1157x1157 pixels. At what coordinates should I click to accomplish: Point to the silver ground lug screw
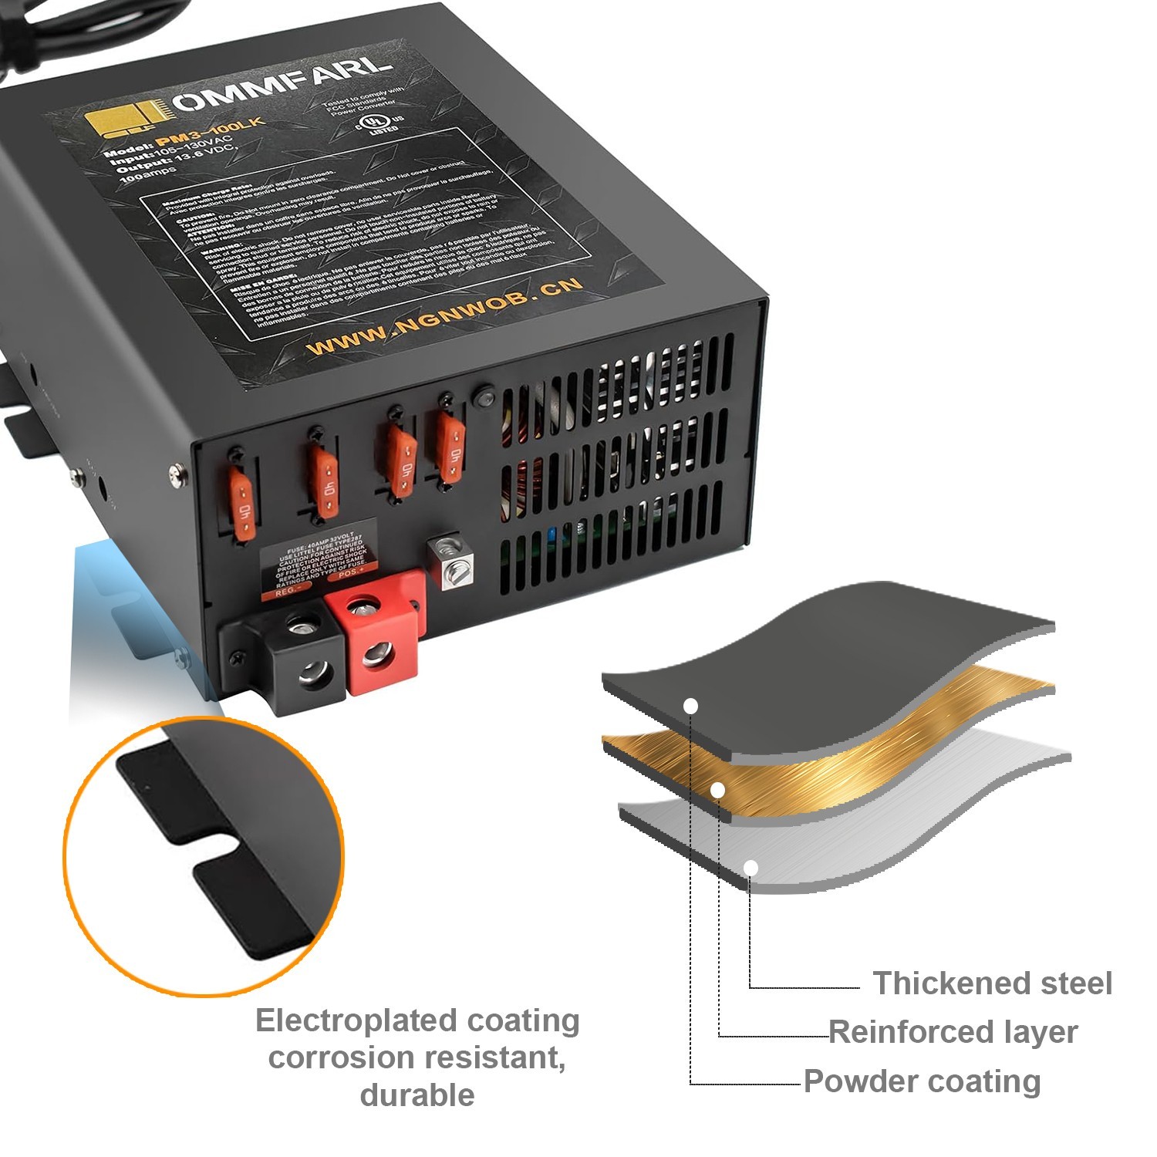[x=450, y=562]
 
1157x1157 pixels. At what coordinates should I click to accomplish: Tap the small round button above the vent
[x=484, y=399]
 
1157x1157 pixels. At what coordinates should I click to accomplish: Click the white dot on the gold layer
[x=717, y=791]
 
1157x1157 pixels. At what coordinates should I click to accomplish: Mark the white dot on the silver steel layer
[x=751, y=869]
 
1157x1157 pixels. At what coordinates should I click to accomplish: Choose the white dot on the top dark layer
[x=691, y=706]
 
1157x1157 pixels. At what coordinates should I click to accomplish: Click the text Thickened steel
[x=992, y=983]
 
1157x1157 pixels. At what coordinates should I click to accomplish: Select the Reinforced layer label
[x=953, y=1032]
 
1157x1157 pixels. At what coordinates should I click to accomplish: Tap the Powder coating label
[x=923, y=1081]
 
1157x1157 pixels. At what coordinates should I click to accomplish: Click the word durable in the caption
[x=417, y=1095]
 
